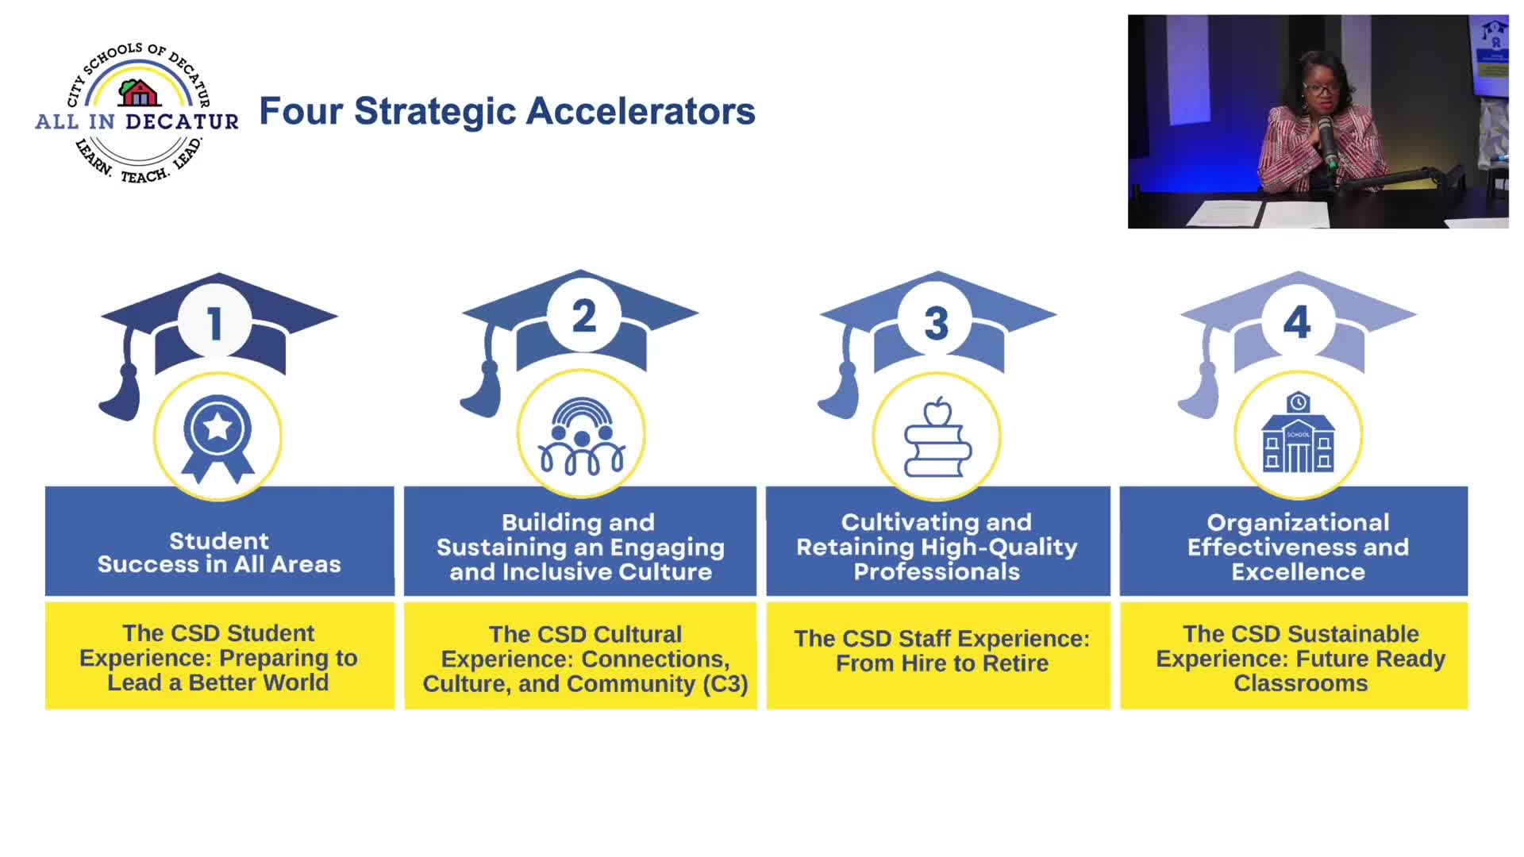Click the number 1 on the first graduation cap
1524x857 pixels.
coord(214,324)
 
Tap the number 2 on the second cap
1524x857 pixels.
coord(584,316)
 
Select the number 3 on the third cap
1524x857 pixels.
coord(937,324)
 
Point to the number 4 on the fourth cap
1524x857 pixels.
coord(1297,321)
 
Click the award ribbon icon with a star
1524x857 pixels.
coord(217,439)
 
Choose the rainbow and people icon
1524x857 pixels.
coord(582,436)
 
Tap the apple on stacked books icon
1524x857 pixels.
coord(937,437)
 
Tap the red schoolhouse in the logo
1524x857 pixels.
coord(140,93)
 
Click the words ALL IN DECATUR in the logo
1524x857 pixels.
coord(137,121)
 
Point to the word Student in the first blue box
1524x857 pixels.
coord(219,541)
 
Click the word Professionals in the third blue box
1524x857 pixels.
coord(937,572)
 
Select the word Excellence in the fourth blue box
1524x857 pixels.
coord(1299,572)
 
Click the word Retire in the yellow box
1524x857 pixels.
coord(1016,663)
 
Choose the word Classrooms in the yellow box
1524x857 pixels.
coord(1301,683)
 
